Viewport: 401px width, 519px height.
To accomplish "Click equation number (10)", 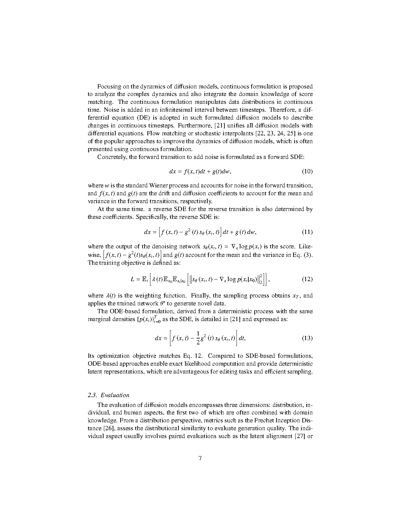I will (307, 171).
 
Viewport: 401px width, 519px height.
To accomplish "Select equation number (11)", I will (307, 232).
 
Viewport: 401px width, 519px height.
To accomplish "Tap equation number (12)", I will (307, 279).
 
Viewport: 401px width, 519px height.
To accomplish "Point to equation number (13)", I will (307, 338).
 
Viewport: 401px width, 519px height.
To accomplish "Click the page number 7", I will (200, 458).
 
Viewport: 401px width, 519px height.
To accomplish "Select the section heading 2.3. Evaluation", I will (108, 395).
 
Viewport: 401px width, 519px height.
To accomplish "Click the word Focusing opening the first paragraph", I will (109, 86).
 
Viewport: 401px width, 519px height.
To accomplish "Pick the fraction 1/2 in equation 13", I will (198, 338).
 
